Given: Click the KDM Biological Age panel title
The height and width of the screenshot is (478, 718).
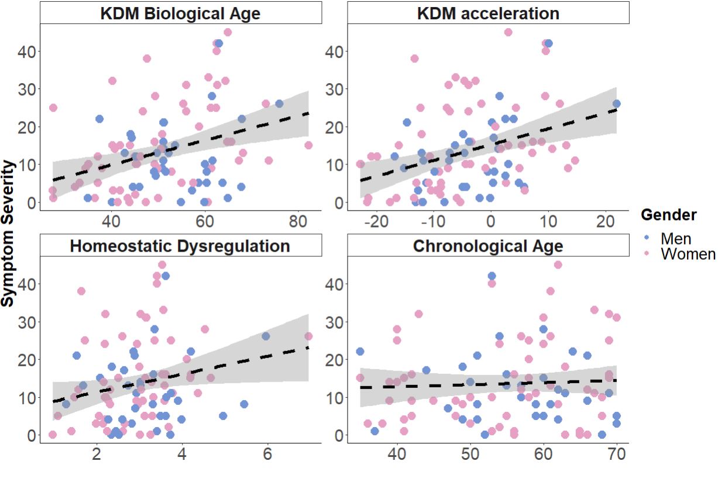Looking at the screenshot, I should click(180, 13).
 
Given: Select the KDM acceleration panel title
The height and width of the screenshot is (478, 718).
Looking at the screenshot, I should click(488, 13).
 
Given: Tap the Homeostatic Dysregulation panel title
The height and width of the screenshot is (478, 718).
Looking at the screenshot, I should click(180, 246).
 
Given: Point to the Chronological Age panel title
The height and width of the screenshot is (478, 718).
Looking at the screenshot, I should click(488, 246).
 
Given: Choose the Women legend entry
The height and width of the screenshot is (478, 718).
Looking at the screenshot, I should click(688, 254).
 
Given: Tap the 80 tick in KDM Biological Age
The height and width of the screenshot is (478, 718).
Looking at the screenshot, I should click(298, 222).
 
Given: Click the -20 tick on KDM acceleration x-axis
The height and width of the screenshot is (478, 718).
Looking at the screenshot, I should click(376, 222).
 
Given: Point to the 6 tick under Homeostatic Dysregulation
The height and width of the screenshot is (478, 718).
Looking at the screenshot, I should click(267, 455).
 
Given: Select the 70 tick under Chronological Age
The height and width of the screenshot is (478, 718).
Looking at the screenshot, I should click(617, 455).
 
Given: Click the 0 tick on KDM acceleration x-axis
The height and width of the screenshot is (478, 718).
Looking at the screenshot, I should click(490, 222).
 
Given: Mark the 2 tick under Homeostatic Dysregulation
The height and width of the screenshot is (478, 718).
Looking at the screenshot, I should click(97, 455).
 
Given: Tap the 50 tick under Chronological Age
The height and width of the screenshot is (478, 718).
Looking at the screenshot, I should click(470, 455).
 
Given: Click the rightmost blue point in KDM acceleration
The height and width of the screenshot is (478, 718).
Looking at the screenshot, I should click(616, 104).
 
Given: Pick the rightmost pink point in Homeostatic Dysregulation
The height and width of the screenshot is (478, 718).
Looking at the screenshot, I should click(308, 336).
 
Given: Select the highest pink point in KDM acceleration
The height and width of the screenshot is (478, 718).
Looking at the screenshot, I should click(508, 32).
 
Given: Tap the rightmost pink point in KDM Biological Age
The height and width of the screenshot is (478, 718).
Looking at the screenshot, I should click(308, 145).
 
